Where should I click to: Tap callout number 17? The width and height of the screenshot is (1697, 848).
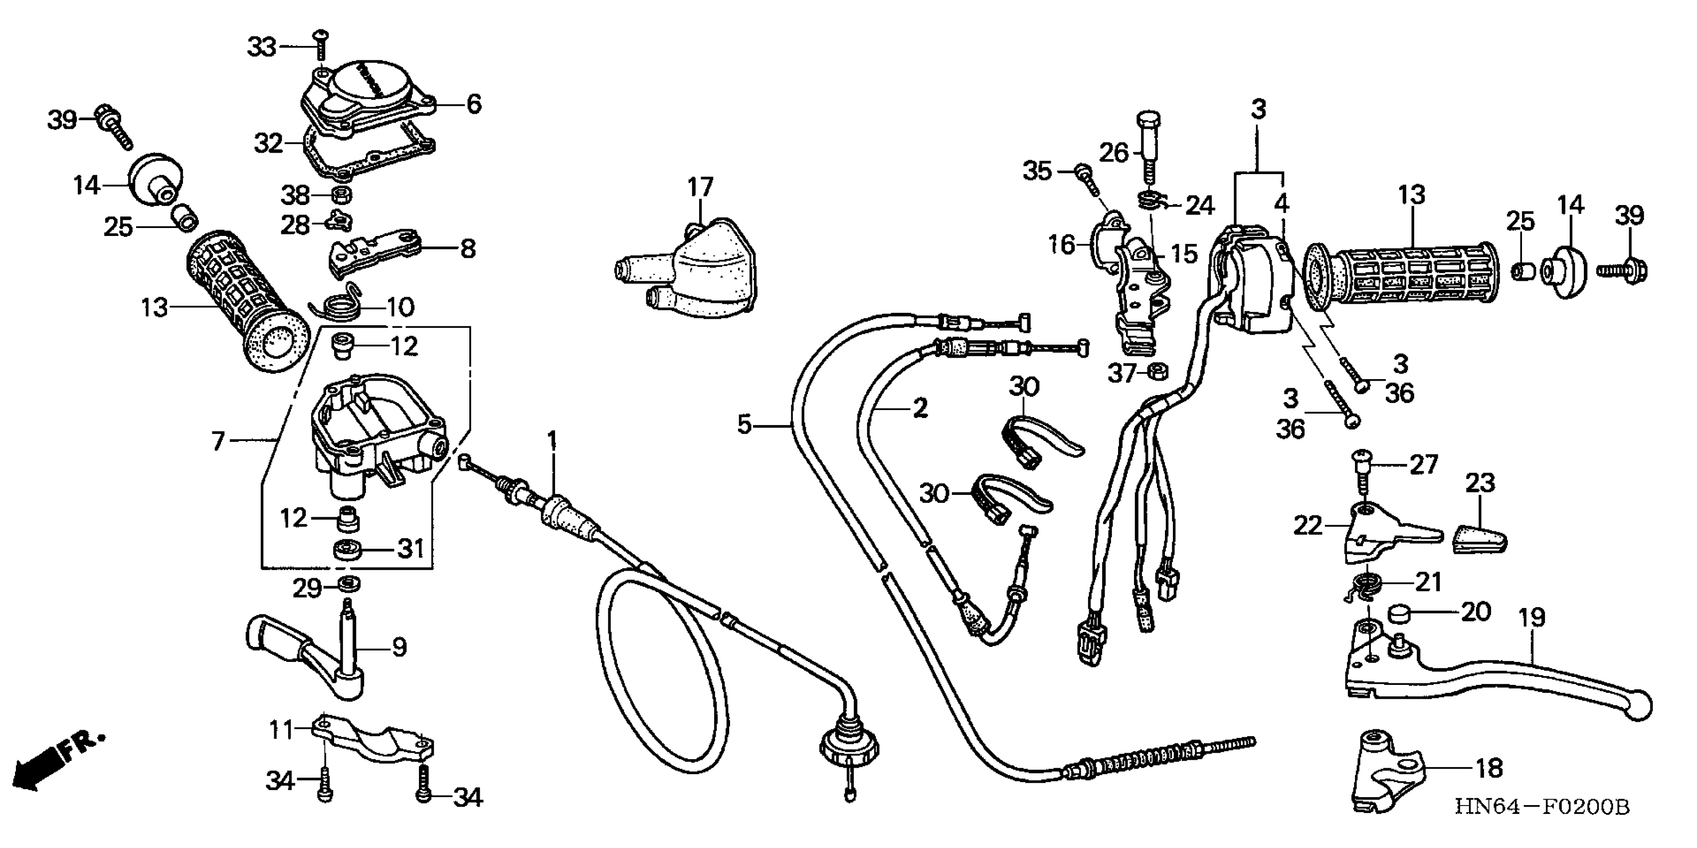[x=700, y=187]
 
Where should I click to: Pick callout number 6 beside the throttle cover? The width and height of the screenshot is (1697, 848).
[x=474, y=104]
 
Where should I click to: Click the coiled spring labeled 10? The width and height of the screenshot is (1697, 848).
[x=343, y=304]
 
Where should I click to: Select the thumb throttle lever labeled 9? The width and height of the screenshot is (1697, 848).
[x=310, y=652]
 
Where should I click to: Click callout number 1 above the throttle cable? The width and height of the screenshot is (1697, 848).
[x=552, y=439]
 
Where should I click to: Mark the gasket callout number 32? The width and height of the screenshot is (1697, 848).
[x=268, y=143]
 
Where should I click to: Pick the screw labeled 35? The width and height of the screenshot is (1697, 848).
[x=1086, y=178]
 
